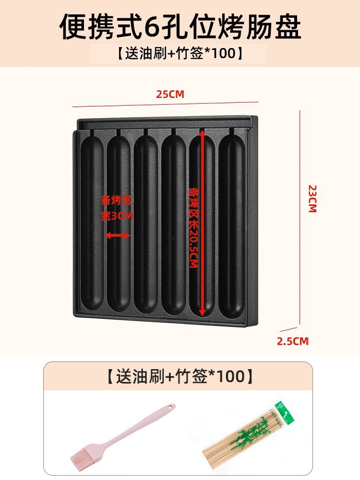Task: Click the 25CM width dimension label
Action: (x=170, y=94)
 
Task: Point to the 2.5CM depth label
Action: (x=292, y=341)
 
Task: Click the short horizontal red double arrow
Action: (x=118, y=235)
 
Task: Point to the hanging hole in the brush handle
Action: (x=169, y=408)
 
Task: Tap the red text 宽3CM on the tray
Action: (x=117, y=216)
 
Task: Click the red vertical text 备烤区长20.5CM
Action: (x=193, y=228)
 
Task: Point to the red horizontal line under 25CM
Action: (x=165, y=104)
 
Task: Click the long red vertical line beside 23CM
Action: (x=300, y=216)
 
